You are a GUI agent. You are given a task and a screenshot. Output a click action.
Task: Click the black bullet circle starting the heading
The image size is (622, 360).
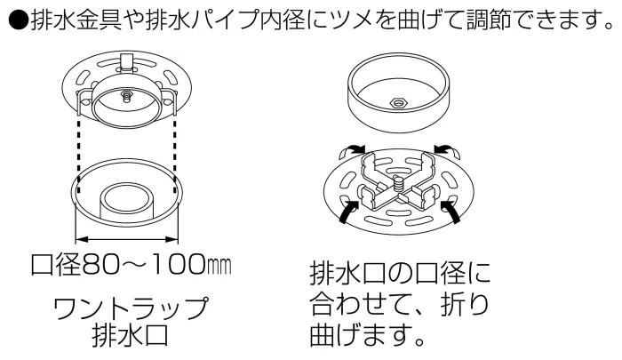19,20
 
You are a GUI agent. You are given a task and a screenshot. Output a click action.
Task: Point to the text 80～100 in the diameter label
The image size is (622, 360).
142,265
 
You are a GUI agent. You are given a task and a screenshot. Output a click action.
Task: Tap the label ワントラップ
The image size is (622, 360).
131,308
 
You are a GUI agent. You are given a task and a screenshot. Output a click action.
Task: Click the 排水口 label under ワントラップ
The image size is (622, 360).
131,336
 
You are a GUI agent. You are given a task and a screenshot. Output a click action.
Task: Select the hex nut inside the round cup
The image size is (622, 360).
399,103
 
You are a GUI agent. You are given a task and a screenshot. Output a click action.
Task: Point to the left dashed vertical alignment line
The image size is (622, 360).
79,150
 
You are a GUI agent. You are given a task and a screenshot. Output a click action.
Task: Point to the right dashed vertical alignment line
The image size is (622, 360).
175,150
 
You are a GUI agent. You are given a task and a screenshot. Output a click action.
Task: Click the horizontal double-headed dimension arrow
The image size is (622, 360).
126,239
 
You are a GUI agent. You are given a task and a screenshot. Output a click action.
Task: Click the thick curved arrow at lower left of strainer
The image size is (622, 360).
349,212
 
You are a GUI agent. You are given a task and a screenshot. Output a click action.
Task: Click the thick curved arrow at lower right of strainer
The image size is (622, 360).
451,212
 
